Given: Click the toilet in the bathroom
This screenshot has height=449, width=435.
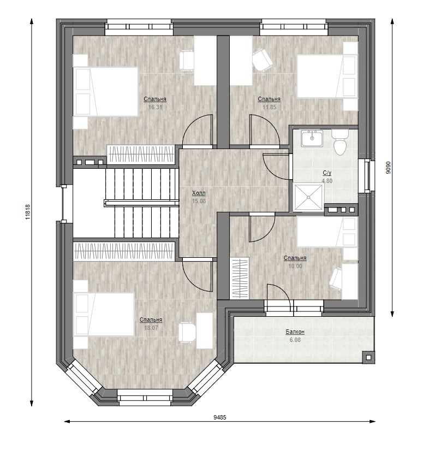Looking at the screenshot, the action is point(340,143).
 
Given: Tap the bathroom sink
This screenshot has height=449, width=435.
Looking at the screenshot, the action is point(312,138).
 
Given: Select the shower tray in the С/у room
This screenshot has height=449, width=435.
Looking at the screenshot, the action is point(308,197).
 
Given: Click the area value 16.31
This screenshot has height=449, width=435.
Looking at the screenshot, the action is point(156,107).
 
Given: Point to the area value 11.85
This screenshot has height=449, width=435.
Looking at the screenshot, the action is point(269,107).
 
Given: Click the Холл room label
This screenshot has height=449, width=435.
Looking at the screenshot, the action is point(199,193).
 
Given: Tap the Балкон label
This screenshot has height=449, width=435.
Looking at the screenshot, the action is point(295,332).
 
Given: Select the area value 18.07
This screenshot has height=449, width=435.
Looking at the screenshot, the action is point(151,328).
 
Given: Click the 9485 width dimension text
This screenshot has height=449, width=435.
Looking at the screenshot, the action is point(220,417).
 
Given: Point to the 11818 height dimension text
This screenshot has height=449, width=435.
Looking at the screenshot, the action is point(28,212).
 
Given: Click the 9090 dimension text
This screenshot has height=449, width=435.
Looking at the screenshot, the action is point(388,167).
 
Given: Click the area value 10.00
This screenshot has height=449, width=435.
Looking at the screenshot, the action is point(295,267).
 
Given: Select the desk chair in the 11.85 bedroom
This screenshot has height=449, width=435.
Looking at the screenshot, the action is point(263,60).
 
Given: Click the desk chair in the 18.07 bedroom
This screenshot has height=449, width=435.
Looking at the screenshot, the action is point(187,333).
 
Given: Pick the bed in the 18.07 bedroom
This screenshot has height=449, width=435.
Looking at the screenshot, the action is point(104,314).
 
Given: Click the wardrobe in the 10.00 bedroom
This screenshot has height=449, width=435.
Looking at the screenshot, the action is point(240,279).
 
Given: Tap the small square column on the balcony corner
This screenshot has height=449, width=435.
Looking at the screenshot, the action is point(368,357).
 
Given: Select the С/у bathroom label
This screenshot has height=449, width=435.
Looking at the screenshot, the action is point(327,173).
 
